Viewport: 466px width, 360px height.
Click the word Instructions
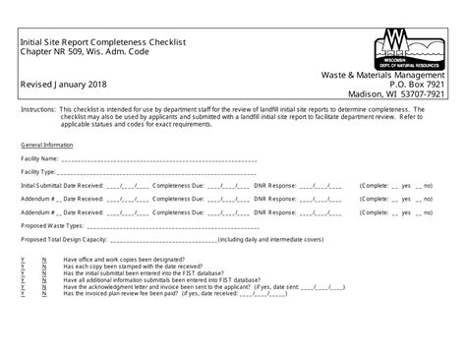point(36,113)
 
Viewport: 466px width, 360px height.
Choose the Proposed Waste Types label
point(50,224)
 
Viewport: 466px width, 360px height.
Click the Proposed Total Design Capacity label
point(65,239)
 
